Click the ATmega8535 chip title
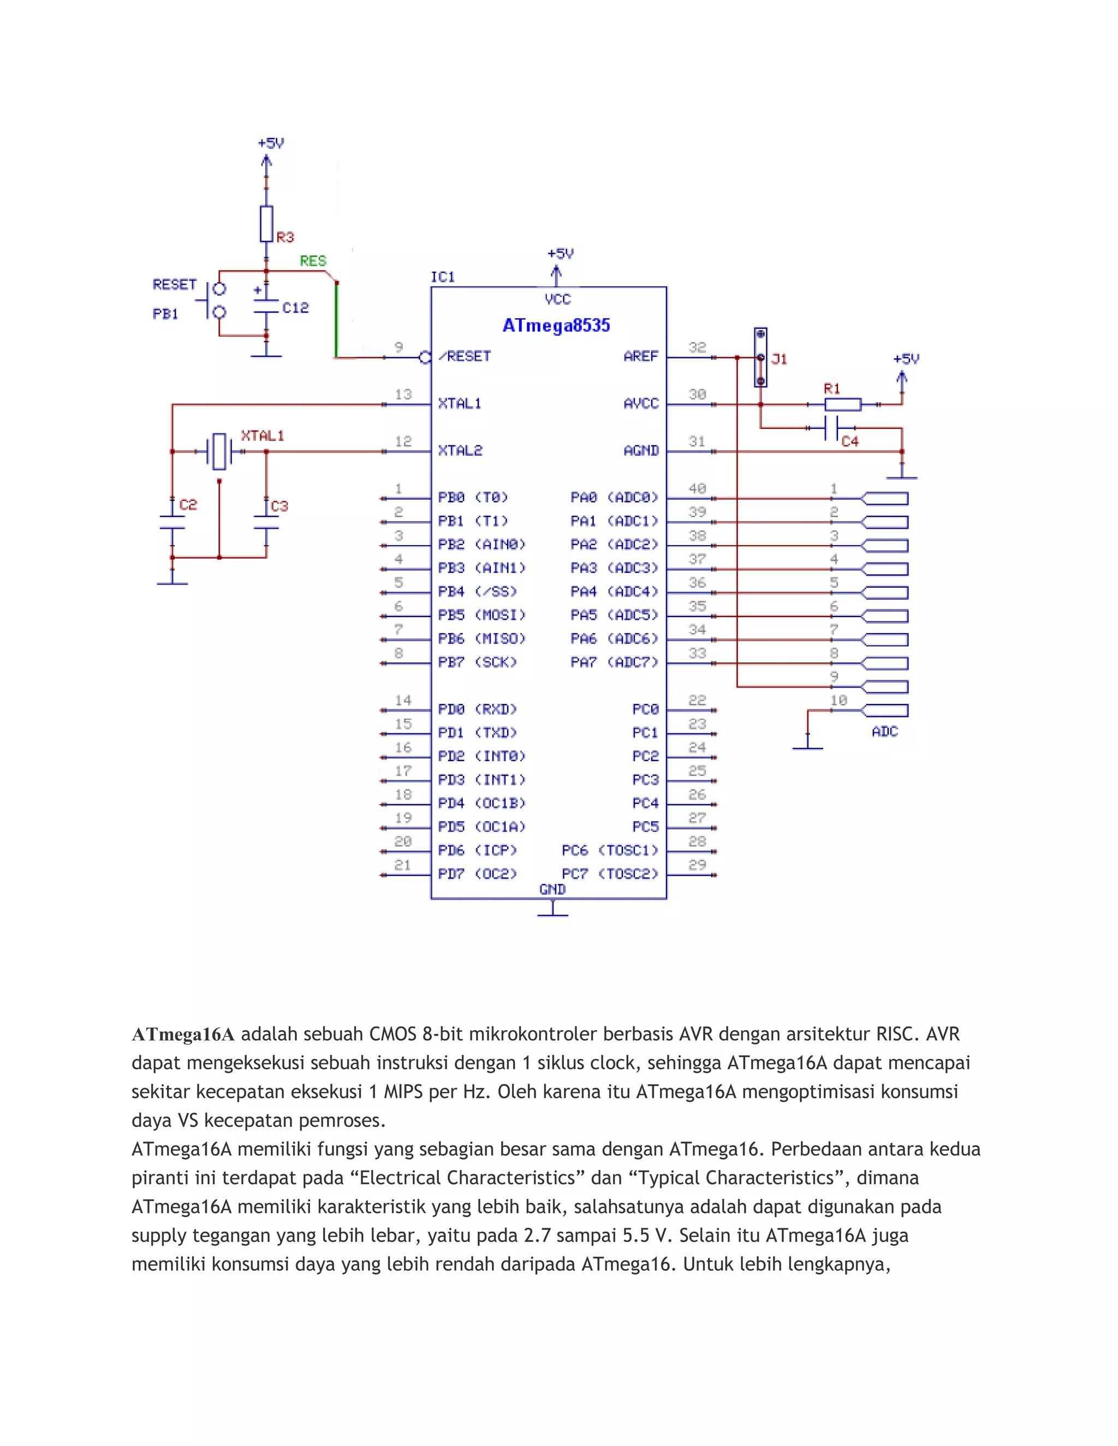[556, 326]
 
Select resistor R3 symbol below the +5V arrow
[266, 224]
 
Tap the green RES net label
[313, 261]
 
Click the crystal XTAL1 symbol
[219, 452]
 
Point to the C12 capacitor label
[295, 308]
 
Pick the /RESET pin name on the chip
[465, 356]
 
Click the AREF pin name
[640, 356]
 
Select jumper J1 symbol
[760, 357]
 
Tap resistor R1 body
[842, 404]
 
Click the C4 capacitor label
[850, 441]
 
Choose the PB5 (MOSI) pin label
[481, 615]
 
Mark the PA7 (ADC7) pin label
[614, 662]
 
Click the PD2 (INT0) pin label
[481, 756]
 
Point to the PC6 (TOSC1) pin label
[609, 850]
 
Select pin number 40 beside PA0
[697, 488]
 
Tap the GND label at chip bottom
[552, 889]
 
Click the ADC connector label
[884, 732]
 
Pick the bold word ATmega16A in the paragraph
[183, 1034]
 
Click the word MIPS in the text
[403, 1092]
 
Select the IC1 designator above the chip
[442, 277]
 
